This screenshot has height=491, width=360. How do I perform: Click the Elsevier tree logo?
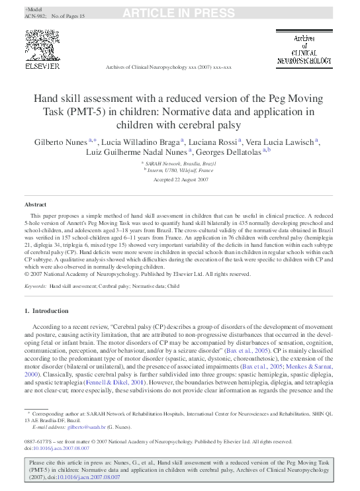pos(42,46)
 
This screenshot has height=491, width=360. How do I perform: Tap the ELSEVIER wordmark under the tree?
pos(42,66)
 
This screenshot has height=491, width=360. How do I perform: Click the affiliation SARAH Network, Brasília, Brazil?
pos(181,163)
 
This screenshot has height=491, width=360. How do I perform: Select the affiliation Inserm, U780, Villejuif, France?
pos(181,170)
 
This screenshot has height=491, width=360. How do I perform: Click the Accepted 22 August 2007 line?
pos(179,179)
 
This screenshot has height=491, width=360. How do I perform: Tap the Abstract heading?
pos(36,206)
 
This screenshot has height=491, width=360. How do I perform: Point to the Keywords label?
pos(35,286)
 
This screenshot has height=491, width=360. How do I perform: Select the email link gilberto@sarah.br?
pos(86,427)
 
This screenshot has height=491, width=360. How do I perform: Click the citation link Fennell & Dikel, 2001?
pos(122,382)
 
